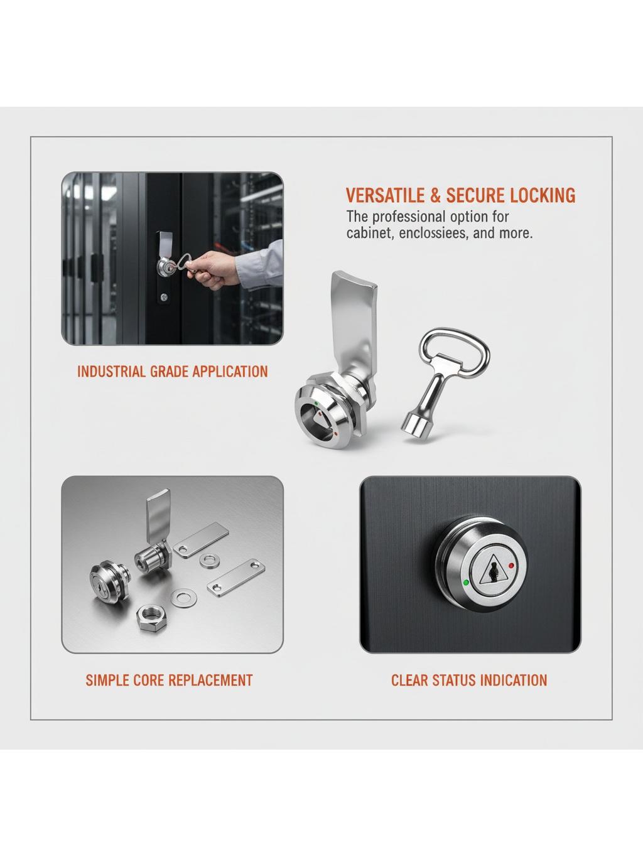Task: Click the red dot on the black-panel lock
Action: coord(511,565)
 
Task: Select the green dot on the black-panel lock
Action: coord(466,582)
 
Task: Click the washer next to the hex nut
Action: coord(183,598)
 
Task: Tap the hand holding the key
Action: coord(213,269)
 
